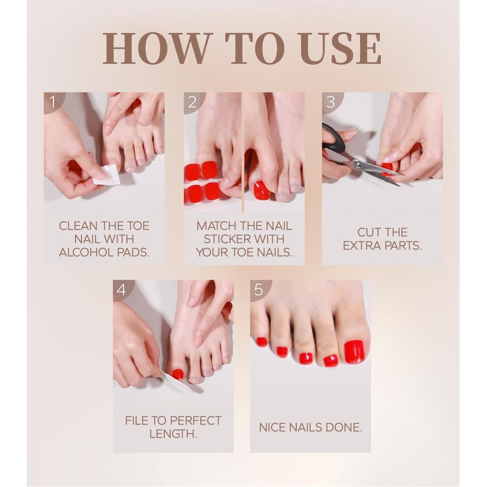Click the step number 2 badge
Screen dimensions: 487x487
point(193,102)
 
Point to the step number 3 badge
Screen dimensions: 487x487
point(331,102)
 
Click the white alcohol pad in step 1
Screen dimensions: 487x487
point(105,176)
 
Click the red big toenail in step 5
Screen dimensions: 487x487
point(354,352)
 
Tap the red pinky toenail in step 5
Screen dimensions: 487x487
point(262,342)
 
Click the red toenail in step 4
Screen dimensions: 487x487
point(178,374)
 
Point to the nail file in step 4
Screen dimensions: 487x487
point(175,382)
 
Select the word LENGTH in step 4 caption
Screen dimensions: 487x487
point(173,434)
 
